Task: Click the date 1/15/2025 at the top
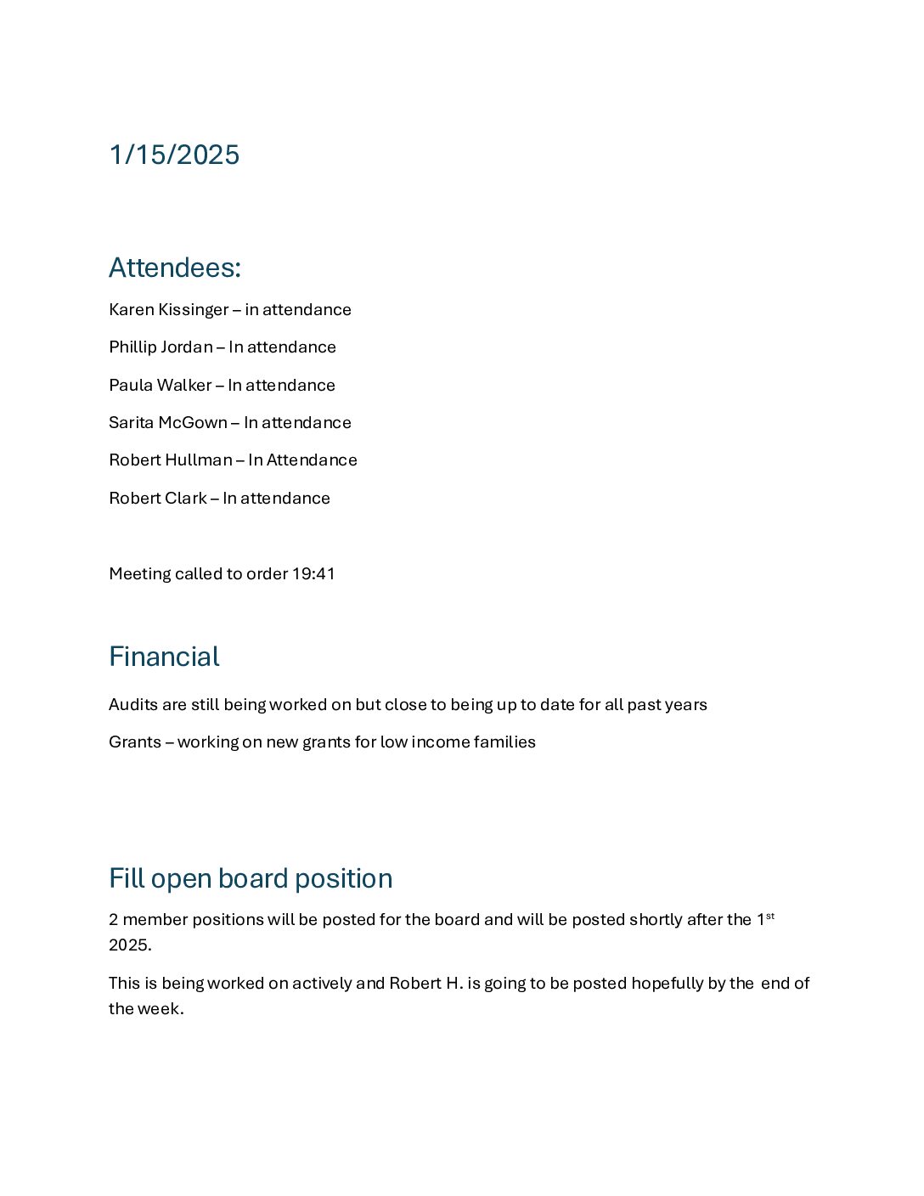coord(174,155)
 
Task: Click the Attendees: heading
coord(175,268)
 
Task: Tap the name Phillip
coord(132,347)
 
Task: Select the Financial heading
coord(164,657)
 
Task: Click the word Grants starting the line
coord(134,742)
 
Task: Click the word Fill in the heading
coord(127,878)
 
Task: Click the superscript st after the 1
coord(770,916)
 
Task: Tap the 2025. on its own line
coord(130,945)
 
